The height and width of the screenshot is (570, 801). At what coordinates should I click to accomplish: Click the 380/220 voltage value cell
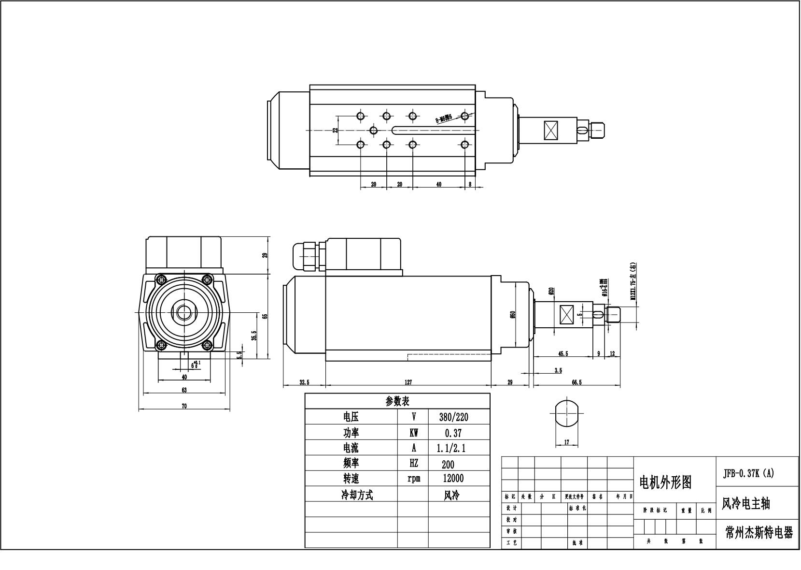[x=453, y=417]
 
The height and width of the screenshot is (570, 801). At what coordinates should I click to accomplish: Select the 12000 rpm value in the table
[x=453, y=479]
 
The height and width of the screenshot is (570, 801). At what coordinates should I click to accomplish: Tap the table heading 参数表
[x=397, y=401]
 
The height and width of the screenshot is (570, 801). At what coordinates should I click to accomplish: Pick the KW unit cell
[x=413, y=433]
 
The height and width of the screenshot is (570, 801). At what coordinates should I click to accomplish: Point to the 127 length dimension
[x=408, y=382]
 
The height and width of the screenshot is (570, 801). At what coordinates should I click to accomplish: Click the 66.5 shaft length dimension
[x=576, y=382]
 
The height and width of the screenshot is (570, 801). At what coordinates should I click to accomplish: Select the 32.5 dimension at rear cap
[x=304, y=382]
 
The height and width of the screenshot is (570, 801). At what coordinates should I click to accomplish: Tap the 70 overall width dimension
[x=184, y=407]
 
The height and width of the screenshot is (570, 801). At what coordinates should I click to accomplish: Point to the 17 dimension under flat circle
[x=567, y=442]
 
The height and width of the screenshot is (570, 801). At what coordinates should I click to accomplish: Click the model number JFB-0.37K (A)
[x=748, y=473]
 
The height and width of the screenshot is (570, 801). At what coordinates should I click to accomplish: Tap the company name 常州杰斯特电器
[x=759, y=533]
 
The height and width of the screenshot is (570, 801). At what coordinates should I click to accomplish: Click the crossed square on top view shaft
[x=550, y=130]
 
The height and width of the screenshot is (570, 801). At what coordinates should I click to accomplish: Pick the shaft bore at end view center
[x=184, y=312]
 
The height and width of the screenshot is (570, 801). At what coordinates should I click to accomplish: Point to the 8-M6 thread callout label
[x=443, y=118]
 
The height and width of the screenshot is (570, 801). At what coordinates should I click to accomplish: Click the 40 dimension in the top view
[x=438, y=184]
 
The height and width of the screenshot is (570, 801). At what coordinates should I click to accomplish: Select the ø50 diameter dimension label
[x=513, y=315]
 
